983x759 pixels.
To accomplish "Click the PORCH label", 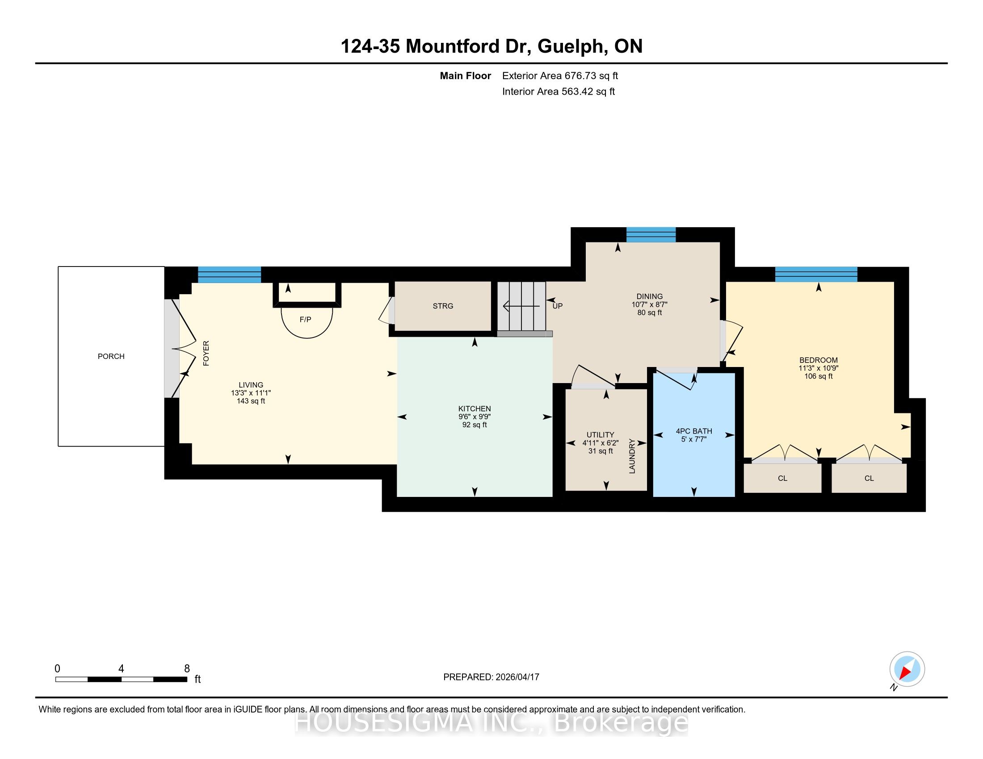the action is click(x=111, y=357).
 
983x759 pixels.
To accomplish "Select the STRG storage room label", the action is click(x=443, y=306).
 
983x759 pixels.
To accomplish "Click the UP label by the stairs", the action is click(x=558, y=306).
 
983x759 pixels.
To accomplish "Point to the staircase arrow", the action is click(x=521, y=307).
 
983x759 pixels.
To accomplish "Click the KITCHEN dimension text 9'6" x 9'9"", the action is click(x=475, y=417).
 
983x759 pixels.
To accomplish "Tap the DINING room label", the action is click(x=650, y=297).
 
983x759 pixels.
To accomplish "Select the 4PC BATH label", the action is click(x=694, y=431).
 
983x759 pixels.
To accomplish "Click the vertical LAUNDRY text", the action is click(x=632, y=456).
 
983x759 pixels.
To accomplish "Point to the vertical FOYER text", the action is click(x=206, y=354).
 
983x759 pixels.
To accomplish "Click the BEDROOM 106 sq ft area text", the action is click(x=819, y=376).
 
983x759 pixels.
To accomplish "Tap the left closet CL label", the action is click(x=783, y=479).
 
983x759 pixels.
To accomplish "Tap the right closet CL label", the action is click(x=869, y=479).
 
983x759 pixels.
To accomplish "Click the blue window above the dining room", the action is click(x=651, y=235).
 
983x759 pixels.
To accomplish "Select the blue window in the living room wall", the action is click(x=230, y=275).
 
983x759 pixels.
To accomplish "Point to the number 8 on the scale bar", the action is click(x=187, y=669).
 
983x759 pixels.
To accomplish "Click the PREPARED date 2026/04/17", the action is click(x=517, y=677).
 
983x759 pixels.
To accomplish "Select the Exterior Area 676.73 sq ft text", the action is click(x=560, y=76).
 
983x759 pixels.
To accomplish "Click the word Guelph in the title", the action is click(x=571, y=47).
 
